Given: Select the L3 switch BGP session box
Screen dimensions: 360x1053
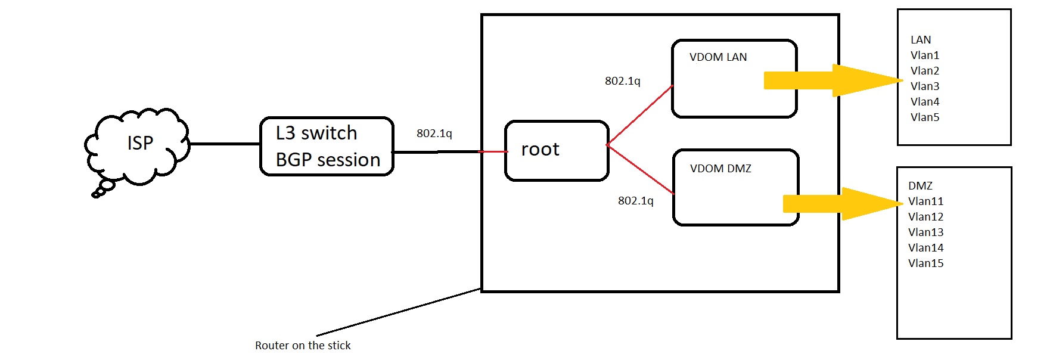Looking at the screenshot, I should (x=327, y=147).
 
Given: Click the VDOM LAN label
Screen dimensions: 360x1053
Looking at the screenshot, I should (x=717, y=57).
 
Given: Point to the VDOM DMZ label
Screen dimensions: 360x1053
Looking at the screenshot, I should (x=720, y=169).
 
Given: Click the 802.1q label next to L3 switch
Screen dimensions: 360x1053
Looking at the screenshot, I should (x=434, y=134).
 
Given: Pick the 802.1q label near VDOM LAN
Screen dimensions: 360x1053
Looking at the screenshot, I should (x=622, y=81).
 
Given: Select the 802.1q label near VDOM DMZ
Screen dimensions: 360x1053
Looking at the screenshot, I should (x=635, y=201).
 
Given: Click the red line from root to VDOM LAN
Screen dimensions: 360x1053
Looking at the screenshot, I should (x=640, y=115).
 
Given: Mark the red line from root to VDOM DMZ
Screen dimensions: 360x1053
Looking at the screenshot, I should (x=641, y=170).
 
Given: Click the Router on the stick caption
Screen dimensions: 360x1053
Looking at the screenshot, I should (x=303, y=346).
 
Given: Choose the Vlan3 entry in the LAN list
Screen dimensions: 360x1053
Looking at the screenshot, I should (x=924, y=86).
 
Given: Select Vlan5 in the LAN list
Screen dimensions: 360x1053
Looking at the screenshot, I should (x=924, y=117).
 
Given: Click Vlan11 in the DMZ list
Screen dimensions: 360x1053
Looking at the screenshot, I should (x=925, y=201).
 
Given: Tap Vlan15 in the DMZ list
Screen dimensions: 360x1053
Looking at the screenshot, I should (x=925, y=263).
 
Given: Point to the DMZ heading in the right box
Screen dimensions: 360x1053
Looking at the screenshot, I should (x=920, y=186).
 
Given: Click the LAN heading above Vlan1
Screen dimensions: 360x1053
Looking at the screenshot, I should (x=920, y=40).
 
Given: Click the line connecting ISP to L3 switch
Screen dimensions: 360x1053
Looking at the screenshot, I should (x=225, y=144).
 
